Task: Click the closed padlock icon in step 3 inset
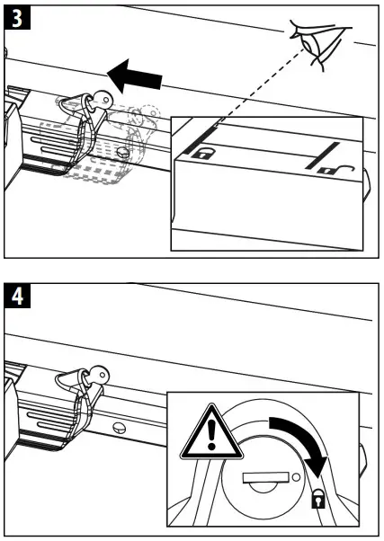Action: [x=205, y=154]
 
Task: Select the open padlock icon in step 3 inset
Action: [x=321, y=168]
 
